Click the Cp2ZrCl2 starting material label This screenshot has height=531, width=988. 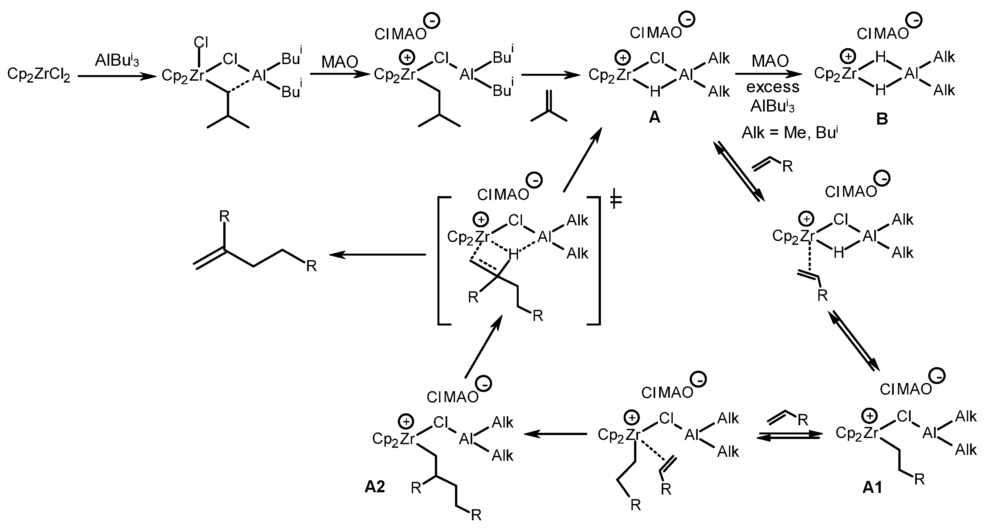coord(39,75)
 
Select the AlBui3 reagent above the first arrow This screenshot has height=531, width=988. coord(117,60)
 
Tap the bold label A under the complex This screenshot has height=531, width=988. coord(654,117)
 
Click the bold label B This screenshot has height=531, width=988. coord(882,119)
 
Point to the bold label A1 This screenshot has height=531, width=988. coord(872,487)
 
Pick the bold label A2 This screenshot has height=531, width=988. coord(375,486)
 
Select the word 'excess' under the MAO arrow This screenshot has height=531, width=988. coord(773,87)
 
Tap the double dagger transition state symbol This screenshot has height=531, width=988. coord(616,200)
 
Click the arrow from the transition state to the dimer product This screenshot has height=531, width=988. coord(377,254)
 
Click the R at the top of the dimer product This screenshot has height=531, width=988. coord(224,217)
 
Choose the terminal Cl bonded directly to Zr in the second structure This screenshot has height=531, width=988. coord(201,41)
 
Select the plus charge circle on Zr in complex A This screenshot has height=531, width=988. coord(623,58)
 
